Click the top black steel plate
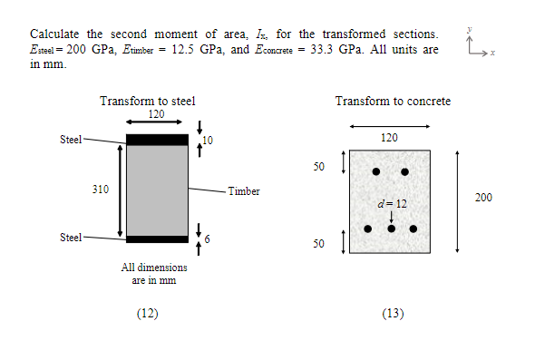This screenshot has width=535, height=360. click(x=157, y=140)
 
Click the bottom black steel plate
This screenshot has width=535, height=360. click(x=157, y=239)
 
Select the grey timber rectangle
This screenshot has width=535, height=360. click(x=157, y=190)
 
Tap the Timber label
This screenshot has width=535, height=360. click(x=244, y=191)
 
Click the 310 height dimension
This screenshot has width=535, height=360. click(x=102, y=190)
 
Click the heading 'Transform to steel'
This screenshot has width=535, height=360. click(x=148, y=101)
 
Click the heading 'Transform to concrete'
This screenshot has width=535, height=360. click(x=393, y=101)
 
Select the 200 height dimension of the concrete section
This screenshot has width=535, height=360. click(x=483, y=197)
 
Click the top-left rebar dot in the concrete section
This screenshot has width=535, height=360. click(x=376, y=171)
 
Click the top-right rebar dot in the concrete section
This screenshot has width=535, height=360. click(x=404, y=171)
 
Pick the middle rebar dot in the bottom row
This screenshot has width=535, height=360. click(x=391, y=228)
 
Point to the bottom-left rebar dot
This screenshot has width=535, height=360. click(x=368, y=228)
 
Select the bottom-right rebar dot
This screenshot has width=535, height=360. click(x=413, y=228)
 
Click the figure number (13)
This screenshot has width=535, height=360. click(x=393, y=314)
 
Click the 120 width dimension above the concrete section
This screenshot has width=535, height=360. click(x=389, y=138)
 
